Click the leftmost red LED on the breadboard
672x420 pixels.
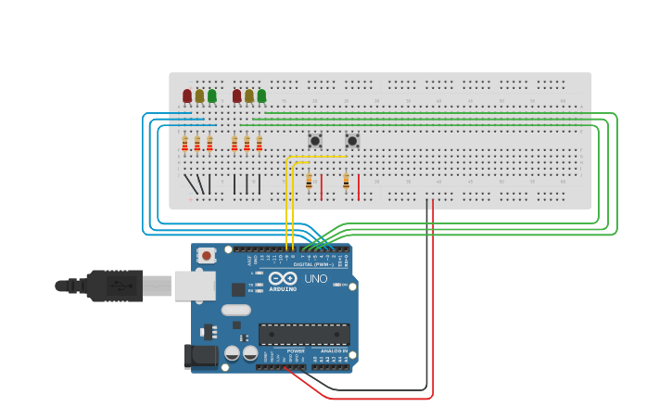click(x=187, y=95)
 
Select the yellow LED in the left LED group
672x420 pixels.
click(x=199, y=95)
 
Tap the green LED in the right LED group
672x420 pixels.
click(x=261, y=95)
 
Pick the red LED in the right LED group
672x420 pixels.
click(x=236, y=95)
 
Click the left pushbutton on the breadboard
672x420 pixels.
click(x=314, y=141)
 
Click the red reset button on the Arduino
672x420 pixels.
click(x=206, y=254)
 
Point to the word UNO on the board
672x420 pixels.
click(x=316, y=278)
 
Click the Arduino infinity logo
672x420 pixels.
click(x=282, y=278)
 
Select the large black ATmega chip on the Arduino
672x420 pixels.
click(x=304, y=335)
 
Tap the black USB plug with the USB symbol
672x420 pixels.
click(x=115, y=286)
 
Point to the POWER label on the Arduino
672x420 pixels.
click(x=296, y=351)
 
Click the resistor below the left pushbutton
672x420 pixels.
click(x=309, y=181)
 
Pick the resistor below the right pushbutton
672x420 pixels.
click(x=346, y=181)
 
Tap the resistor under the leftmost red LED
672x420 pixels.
click(x=184, y=143)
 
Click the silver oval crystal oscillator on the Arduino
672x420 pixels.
click(x=235, y=311)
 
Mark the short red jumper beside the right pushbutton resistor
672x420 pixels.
click(x=359, y=186)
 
